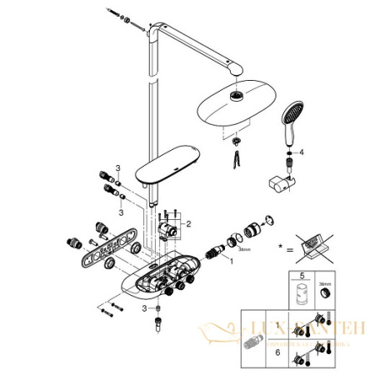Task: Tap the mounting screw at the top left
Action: pyautogui.click(x=117, y=14)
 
